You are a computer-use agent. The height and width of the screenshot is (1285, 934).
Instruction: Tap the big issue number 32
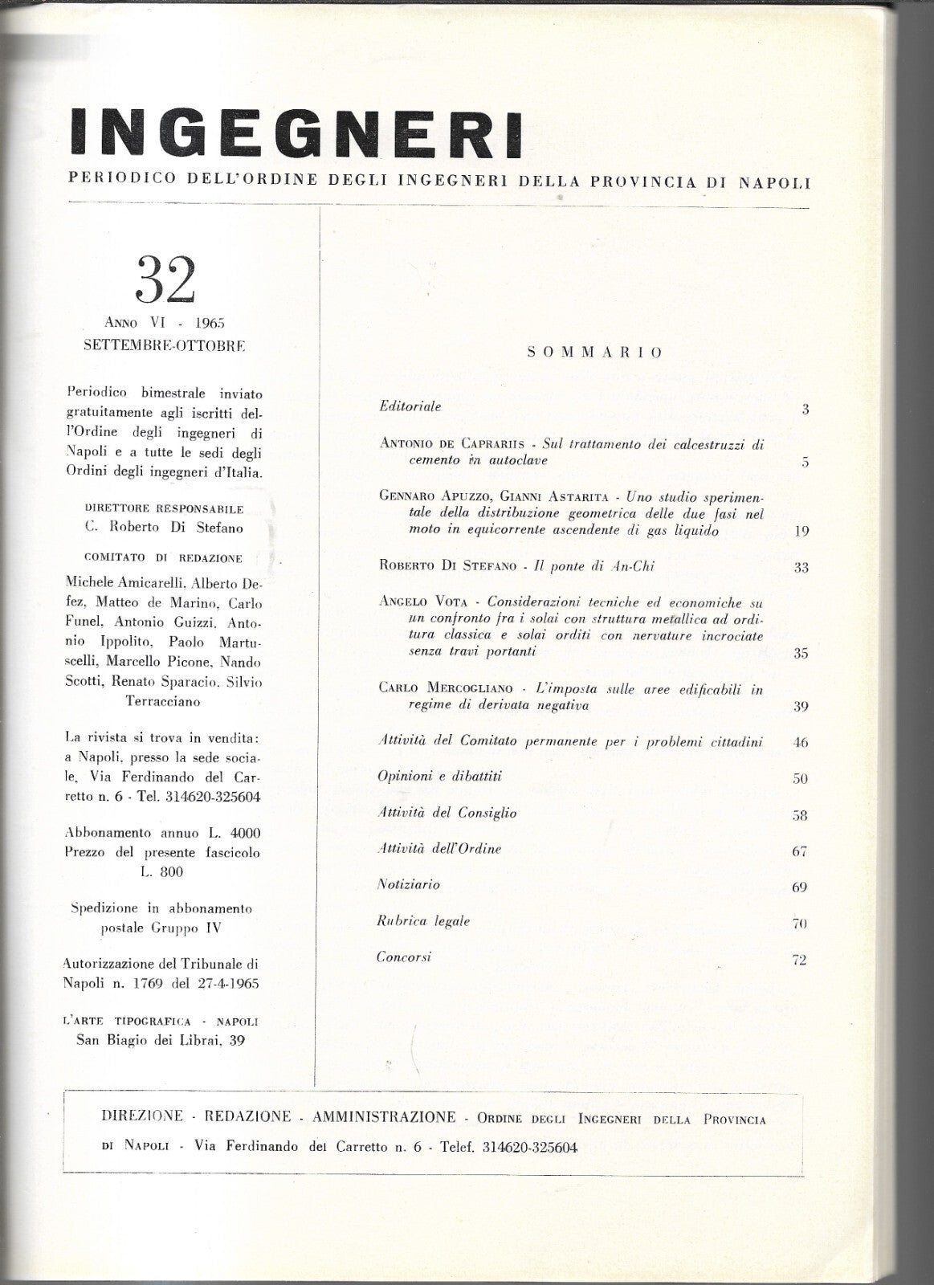pos(166,280)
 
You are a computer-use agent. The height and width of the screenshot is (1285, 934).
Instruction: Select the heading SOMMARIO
pos(594,352)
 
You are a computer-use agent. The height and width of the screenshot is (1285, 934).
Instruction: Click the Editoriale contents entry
pos(410,406)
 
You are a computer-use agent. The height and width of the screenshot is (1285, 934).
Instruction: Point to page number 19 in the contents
pos(801,531)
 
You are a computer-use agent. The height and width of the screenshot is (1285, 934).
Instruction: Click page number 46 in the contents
pos(800,742)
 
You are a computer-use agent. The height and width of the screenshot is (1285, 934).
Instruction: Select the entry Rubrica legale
pos(423,921)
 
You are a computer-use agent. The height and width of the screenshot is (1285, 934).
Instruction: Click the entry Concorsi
pos(404,957)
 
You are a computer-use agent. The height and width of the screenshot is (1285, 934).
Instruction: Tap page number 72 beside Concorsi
pos(799,960)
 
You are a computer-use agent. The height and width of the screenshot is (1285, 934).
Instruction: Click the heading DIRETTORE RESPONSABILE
pos(164,509)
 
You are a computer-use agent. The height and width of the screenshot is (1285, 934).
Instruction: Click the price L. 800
pos(164,871)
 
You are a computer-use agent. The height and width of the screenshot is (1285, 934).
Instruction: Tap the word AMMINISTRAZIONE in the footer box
pos(385,1117)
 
